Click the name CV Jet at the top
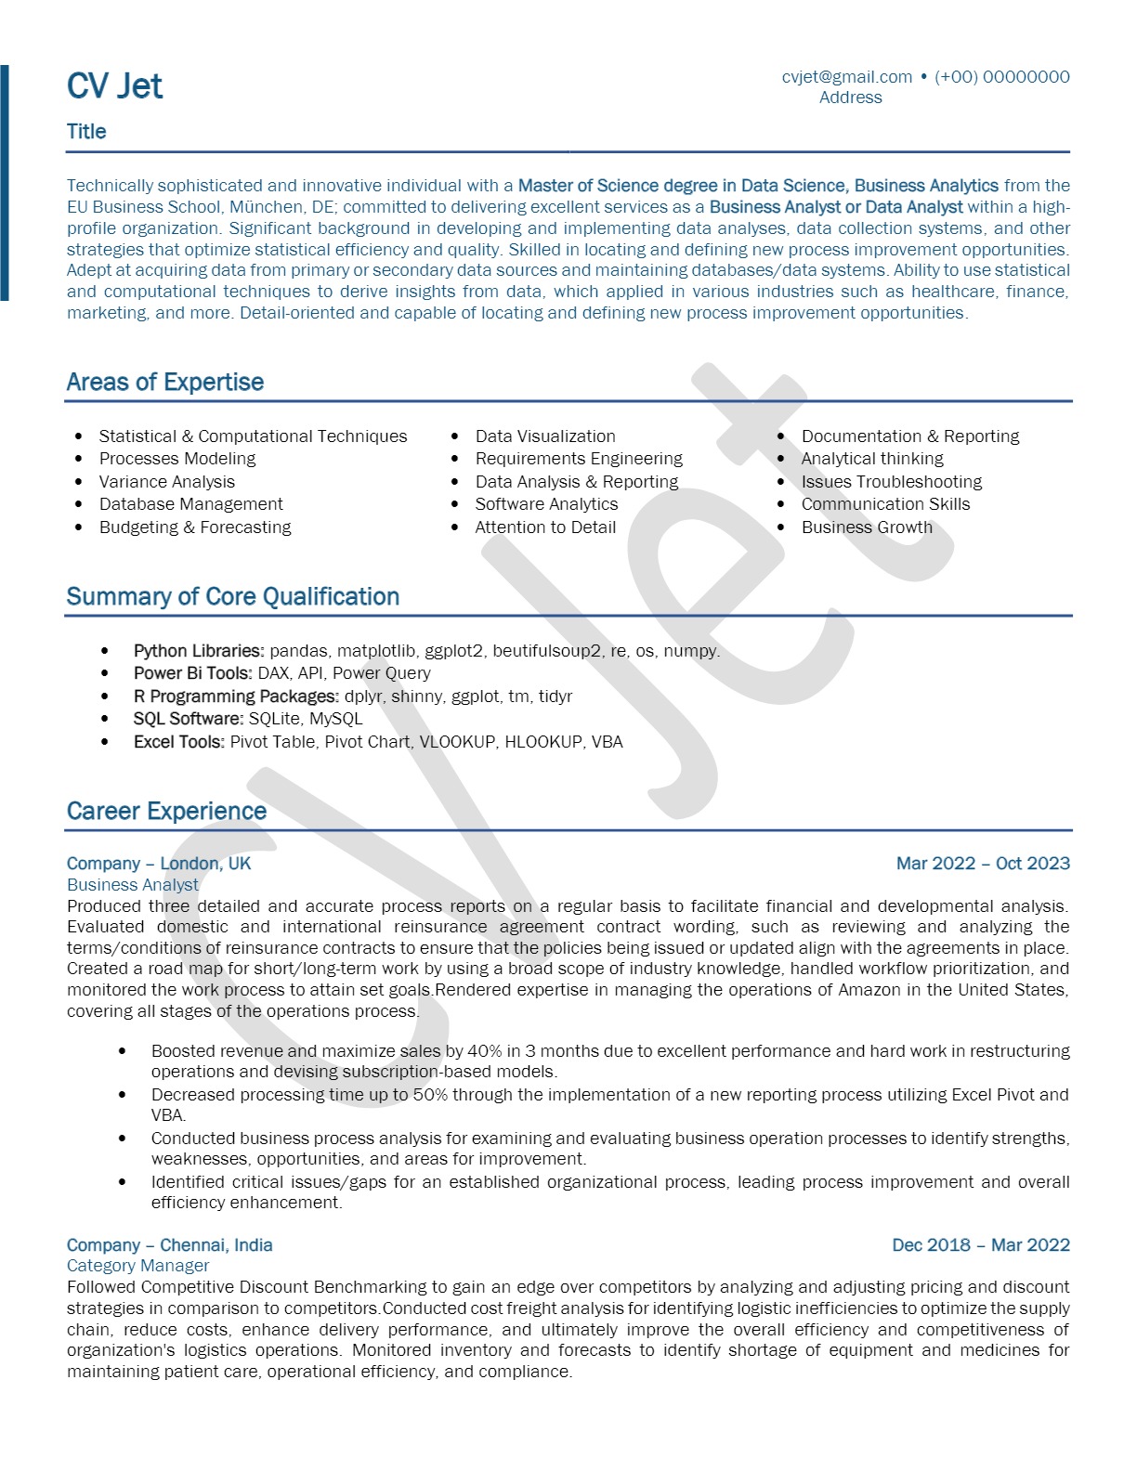pos(114,86)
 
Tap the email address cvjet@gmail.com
pos(846,77)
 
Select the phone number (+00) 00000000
pos(1001,77)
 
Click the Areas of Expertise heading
pos(165,382)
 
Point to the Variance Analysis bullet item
pos(167,482)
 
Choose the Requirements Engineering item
pos(579,459)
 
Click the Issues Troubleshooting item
pos(891,482)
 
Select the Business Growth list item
pos(867,527)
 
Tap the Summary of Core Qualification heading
pos(233,596)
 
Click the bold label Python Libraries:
pos(199,651)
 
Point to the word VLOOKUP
pos(457,742)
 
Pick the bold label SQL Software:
pos(189,719)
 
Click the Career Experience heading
pos(166,811)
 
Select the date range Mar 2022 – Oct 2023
pos(983,864)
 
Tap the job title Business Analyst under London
pos(133,885)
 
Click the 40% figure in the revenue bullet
pos(485,1051)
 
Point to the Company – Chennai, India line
pos(170,1245)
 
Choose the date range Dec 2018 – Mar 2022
pos(981,1245)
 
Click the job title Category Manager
pos(138,1266)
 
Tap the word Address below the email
pos(850,98)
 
